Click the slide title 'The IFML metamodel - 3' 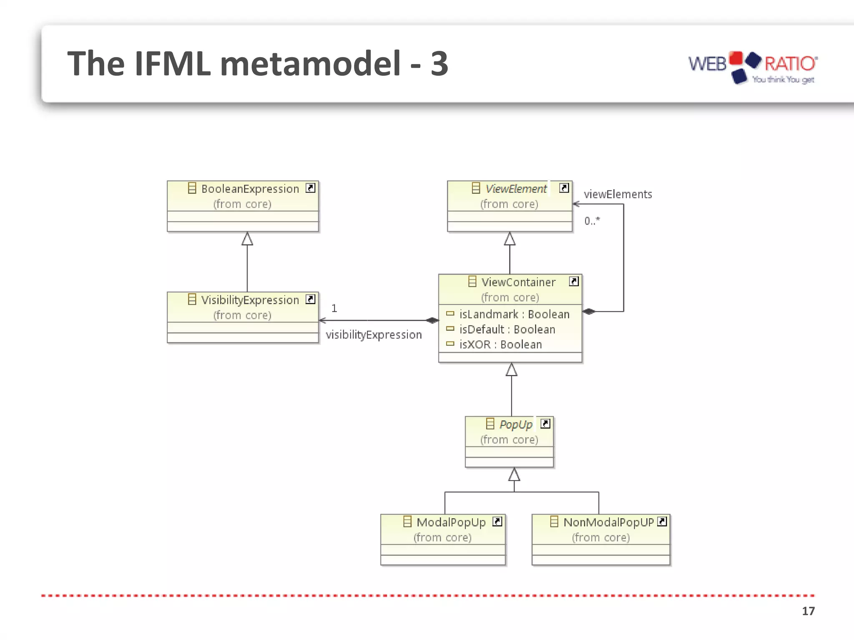point(258,63)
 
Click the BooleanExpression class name point(250,189)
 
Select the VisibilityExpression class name point(250,300)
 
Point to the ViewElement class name point(516,189)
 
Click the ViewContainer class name point(518,282)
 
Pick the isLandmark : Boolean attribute point(514,314)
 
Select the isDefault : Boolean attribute point(507,330)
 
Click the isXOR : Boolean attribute point(500,345)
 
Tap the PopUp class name point(516,425)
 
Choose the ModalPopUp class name point(451,522)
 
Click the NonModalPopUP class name point(608,522)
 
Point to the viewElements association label point(618,195)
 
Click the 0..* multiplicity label point(592,221)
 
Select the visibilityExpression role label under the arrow point(374,335)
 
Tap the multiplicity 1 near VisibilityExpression point(334,308)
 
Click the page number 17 point(808,611)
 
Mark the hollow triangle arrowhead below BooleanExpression point(247,239)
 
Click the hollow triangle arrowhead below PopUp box point(514,475)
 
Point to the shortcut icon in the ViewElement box point(564,188)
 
